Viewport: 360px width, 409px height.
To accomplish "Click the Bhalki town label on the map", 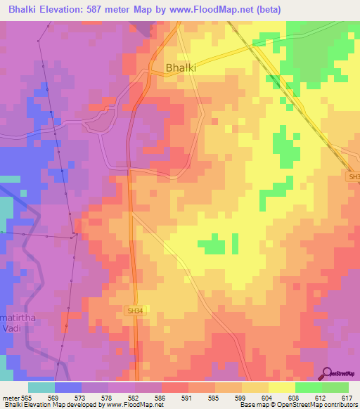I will [x=181, y=68].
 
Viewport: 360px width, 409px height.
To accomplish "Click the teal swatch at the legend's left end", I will [x=41, y=387].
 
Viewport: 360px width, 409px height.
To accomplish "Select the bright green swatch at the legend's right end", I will [x=335, y=387].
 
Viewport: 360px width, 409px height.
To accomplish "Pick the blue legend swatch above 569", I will [x=68, y=387].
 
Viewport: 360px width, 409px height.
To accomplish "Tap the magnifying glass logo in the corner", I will [x=328, y=374].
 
